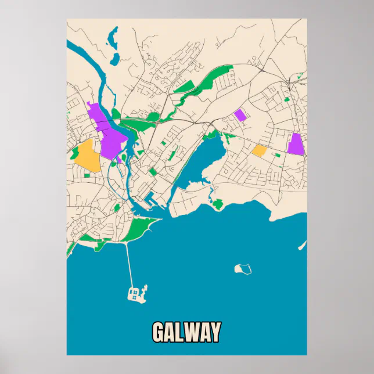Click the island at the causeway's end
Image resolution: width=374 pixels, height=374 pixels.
136,293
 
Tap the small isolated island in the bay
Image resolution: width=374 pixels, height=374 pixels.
243,269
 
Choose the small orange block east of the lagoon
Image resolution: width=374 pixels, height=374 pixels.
259,151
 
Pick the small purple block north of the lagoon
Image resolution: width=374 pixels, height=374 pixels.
239,114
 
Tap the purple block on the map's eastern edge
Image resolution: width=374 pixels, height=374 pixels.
296,144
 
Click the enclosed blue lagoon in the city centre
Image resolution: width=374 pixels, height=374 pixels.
203,163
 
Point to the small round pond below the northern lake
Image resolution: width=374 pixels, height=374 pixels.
116,59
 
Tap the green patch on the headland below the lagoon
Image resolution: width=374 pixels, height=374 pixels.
218,204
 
